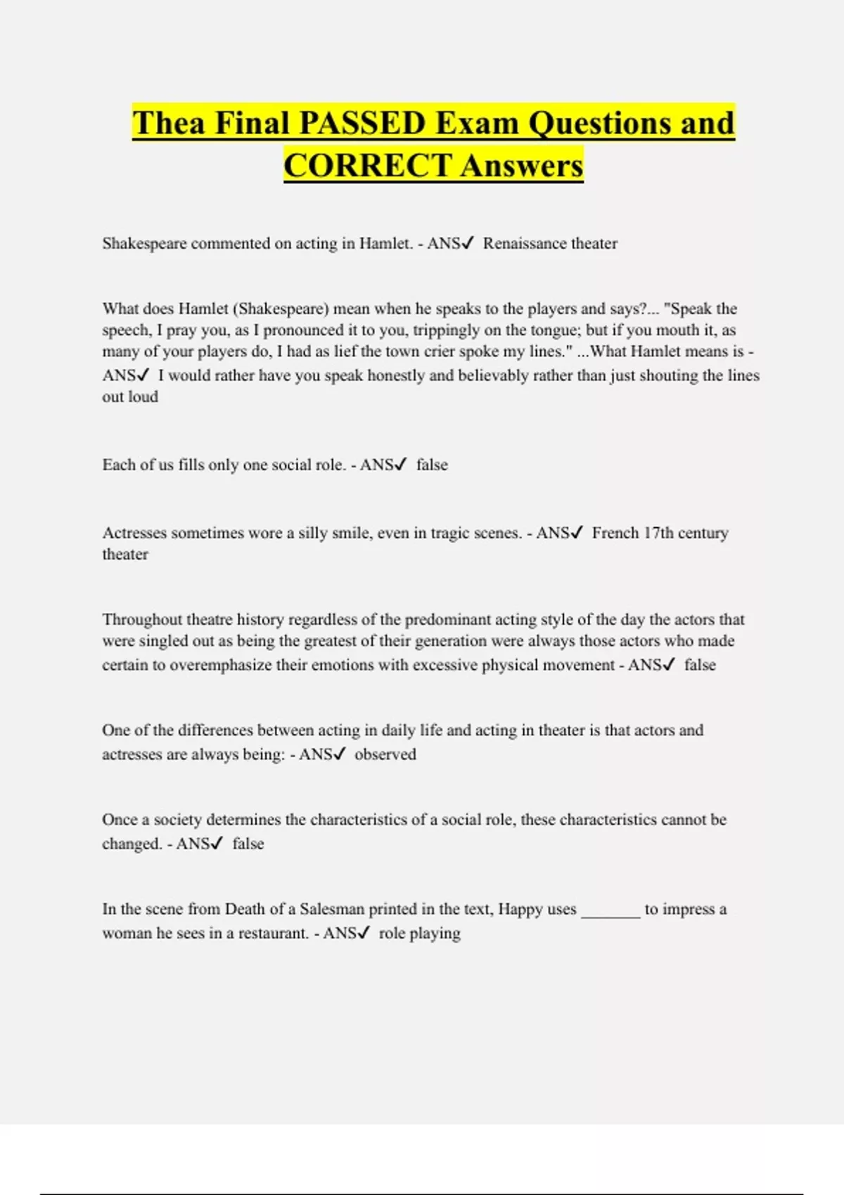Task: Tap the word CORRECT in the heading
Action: pyautogui.click(x=367, y=166)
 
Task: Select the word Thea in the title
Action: pyautogui.click(x=168, y=123)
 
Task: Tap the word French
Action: pyautogui.click(x=615, y=533)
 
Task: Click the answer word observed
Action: pyautogui.click(x=385, y=754)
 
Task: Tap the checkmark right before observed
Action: pyautogui.click(x=340, y=754)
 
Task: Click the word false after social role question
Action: pyautogui.click(x=432, y=465)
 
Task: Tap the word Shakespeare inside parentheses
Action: pyautogui.click(x=281, y=309)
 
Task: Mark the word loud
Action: pyautogui.click(x=143, y=396)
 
